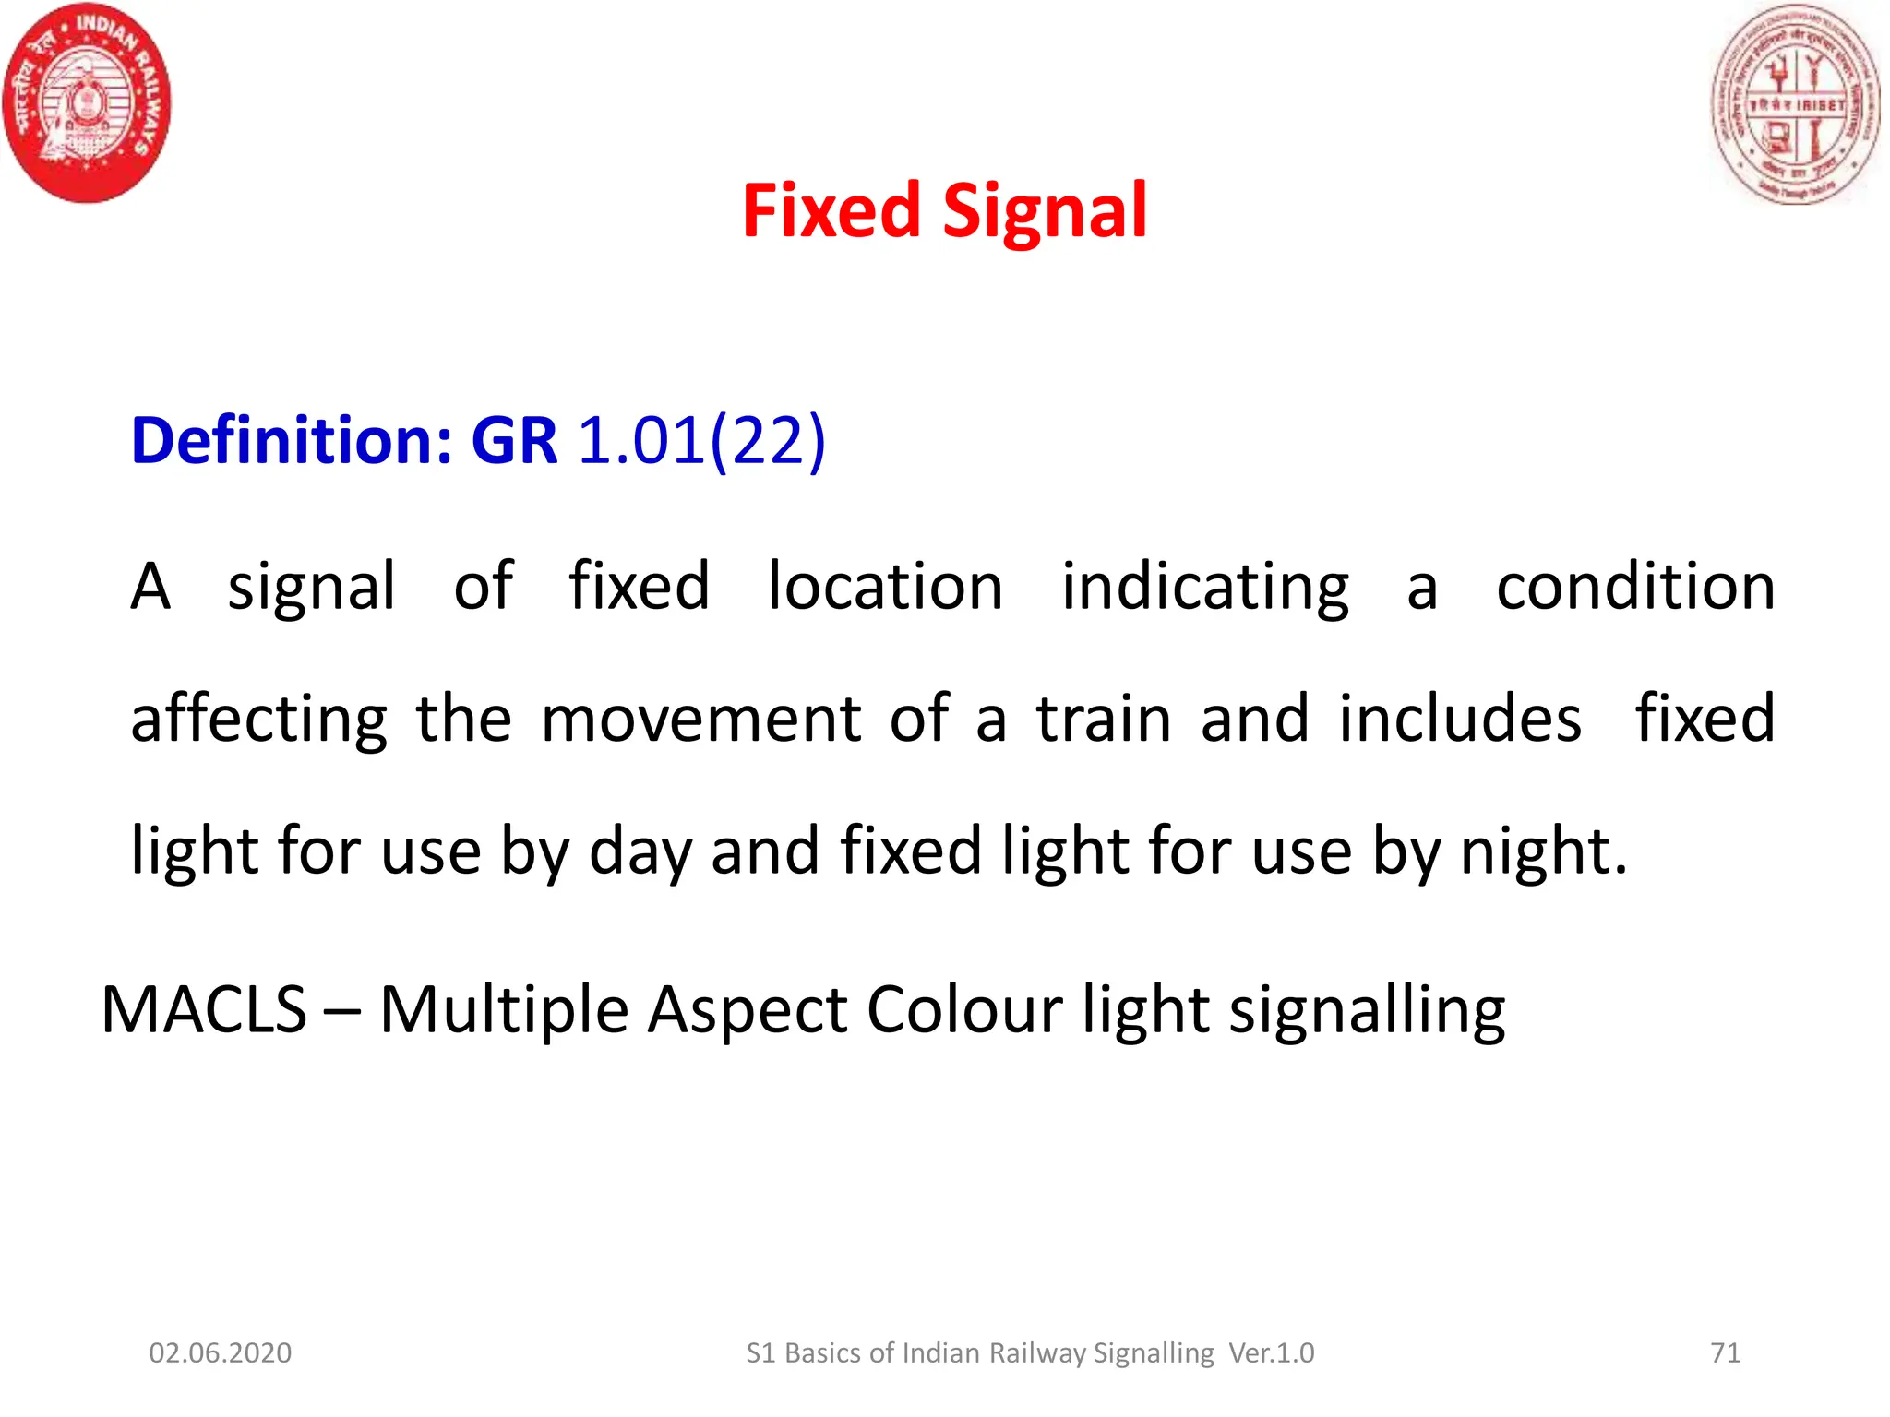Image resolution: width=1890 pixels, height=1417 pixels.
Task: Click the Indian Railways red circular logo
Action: pyautogui.click(x=88, y=102)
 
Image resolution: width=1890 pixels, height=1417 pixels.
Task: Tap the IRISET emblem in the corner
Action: pyautogui.click(x=1795, y=104)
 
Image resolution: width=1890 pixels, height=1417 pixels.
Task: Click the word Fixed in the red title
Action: pyautogui.click(x=831, y=211)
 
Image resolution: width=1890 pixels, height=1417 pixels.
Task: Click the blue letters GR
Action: pyautogui.click(x=514, y=440)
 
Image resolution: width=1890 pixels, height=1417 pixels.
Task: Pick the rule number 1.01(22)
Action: pyautogui.click(x=701, y=440)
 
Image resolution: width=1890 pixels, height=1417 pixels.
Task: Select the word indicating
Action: pyautogui.click(x=1204, y=588)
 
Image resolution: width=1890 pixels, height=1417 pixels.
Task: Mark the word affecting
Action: pyautogui.click(x=259, y=720)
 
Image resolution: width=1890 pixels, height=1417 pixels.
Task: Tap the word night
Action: pyautogui.click(x=1543, y=851)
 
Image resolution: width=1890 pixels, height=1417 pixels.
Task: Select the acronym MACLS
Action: pyautogui.click(x=204, y=1009)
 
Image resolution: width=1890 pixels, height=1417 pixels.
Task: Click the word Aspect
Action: pyautogui.click(x=746, y=1011)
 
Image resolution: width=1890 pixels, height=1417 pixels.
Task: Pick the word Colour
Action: pyautogui.click(x=964, y=1009)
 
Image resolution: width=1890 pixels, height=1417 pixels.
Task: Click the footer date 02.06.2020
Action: pyautogui.click(x=221, y=1352)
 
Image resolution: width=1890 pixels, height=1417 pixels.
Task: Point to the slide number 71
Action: pyautogui.click(x=1725, y=1352)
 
